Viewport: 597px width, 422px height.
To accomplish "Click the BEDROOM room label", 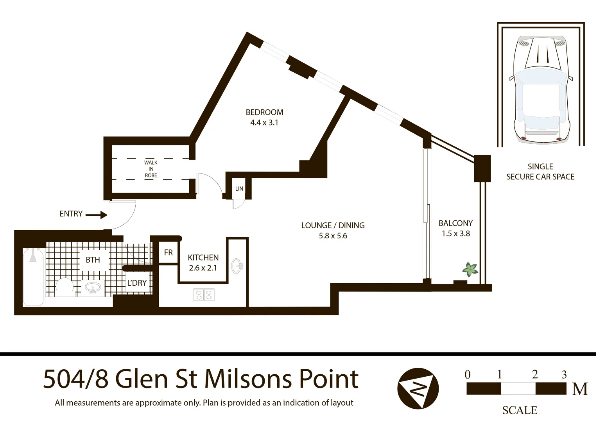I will pyautogui.click(x=264, y=112).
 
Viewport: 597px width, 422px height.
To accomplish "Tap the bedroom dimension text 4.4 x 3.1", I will pyautogui.click(x=264, y=123).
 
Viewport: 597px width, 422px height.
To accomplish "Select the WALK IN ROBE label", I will pyautogui.click(x=151, y=169).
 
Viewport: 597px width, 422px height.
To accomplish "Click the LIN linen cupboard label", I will pyautogui.click(x=239, y=189).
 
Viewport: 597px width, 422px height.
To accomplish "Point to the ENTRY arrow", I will pyautogui.click(x=96, y=215).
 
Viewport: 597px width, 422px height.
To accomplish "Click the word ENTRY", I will pyautogui.click(x=71, y=214).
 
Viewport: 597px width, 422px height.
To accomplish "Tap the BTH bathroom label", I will pyautogui.click(x=93, y=260).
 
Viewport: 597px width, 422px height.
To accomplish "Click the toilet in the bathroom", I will pyautogui.click(x=65, y=285).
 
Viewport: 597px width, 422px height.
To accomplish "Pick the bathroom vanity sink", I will pyautogui.click(x=93, y=288).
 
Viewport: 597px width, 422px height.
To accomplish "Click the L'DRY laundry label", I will pyautogui.click(x=137, y=283).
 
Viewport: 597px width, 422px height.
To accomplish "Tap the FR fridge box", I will pyautogui.click(x=169, y=253).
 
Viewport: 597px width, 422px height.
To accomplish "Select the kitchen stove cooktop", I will pyautogui.click(x=204, y=295).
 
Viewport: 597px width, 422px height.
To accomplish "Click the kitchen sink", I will pyautogui.click(x=237, y=266).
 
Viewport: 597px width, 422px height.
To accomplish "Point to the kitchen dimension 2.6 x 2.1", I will pyautogui.click(x=203, y=268).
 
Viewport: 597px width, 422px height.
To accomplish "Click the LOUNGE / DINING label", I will pyautogui.click(x=333, y=225).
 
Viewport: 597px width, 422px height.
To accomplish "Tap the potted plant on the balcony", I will pyautogui.click(x=470, y=269).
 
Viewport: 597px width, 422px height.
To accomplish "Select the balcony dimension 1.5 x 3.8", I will pyautogui.click(x=456, y=234).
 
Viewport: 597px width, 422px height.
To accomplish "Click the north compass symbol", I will pyautogui.click(x=418, y=388).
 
